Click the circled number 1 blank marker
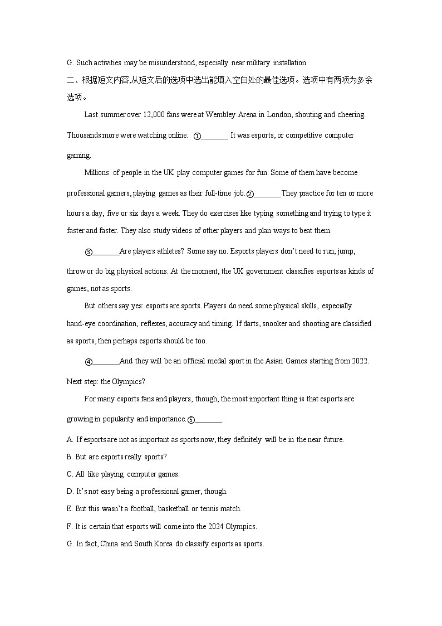point(197,136)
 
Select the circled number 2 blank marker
point(250,194)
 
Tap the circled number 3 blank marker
point(89,252)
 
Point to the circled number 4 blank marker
point(89,362)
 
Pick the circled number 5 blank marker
point(191,420)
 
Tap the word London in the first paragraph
point(279,114)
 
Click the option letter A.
point(70,439)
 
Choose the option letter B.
point(70,457)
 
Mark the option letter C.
point(70,474)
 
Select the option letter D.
point(70,491)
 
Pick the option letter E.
point(70,508)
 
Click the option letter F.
point(70,526)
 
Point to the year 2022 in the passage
point(360,361)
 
